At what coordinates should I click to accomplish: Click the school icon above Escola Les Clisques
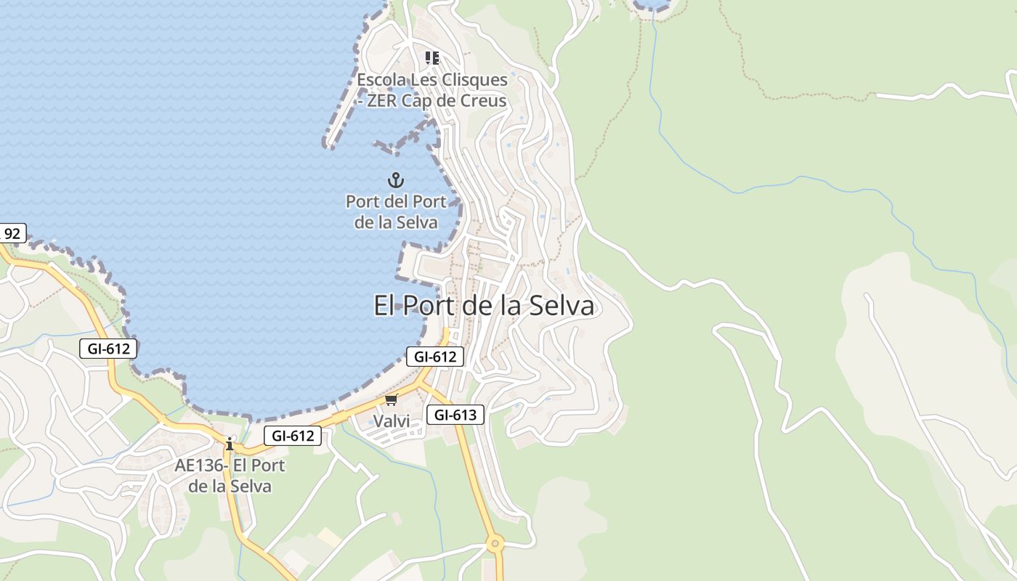[x=432, y=58]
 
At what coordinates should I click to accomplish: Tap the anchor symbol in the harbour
[x=396, y=180]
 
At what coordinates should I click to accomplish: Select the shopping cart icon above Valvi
[x=392, y=399]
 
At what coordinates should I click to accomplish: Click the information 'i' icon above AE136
[x=230, y=444]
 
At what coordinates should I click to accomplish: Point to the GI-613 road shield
[x=455, y=415]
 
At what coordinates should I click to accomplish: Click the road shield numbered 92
[x=12, y=234]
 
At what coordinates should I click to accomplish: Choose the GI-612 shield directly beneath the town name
[x=434, y=357]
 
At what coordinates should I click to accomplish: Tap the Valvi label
[x=392, y=421]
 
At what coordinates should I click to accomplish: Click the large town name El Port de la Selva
[x=483, y=306]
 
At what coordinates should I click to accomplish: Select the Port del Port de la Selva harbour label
[x=396, y=211]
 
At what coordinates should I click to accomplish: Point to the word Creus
[x=482, y=101]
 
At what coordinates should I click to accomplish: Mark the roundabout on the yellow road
[x=495, y=543]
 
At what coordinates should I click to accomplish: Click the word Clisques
[x=472, y=80]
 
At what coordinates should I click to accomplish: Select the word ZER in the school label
[x=382, y=101]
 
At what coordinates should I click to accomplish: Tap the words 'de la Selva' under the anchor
[x=396, y=222]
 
